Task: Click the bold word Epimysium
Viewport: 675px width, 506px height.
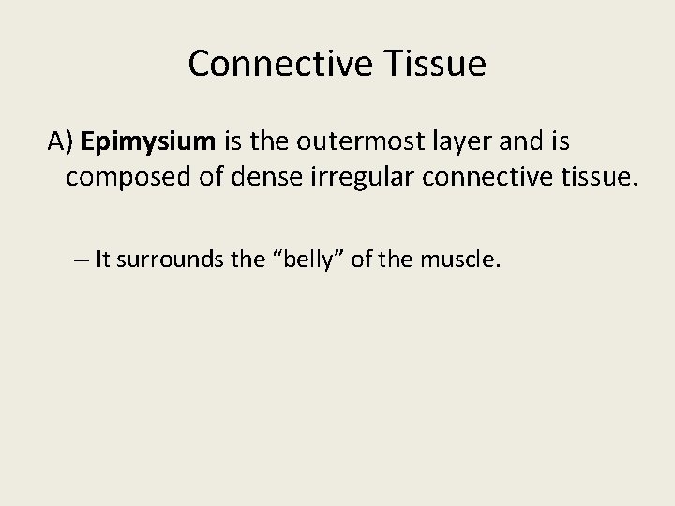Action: (x=149, y=142)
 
